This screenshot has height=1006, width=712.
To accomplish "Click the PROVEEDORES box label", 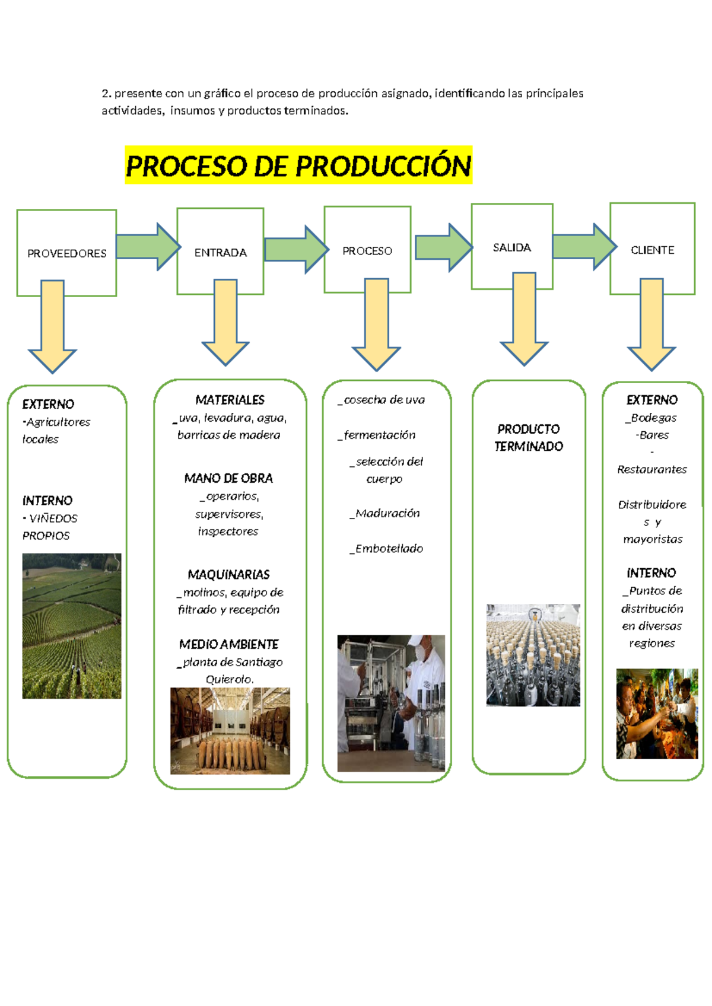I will tap(66, 253).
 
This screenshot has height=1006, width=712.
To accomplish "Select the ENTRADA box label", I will tap(220, 253).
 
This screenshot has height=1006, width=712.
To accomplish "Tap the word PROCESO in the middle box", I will tap(367, 251).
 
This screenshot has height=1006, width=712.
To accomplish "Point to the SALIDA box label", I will tap(511, 247).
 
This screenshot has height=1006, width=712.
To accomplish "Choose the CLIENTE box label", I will tap(652, 250).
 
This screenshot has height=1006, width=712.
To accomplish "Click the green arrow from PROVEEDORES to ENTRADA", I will tap(147, 246).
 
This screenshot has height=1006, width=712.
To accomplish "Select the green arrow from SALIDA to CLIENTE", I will tap(584, 246).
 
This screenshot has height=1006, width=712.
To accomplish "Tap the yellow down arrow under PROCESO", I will tap(376, 325).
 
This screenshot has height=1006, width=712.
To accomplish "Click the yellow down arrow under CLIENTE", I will tap(651, 325).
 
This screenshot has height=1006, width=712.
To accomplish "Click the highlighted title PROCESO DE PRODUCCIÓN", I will tap(298, 165).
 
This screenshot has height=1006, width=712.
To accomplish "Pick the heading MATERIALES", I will tap(230, 400).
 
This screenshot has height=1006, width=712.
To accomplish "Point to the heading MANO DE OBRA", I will tap(228, 478).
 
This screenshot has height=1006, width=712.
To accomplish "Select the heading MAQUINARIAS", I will tap(228, 574).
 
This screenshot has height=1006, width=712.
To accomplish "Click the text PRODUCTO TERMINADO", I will tap(528, 438).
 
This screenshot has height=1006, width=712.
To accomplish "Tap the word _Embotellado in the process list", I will tap(386, 549).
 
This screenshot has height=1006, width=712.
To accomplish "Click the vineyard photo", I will tap(72, 626).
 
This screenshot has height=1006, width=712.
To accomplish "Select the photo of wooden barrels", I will tap(230, 731).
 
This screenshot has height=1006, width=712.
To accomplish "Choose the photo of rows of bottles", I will tap(533, 655).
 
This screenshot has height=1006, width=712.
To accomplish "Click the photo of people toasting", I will tap(657, 714).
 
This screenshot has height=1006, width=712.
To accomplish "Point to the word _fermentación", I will tap(377, 435).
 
